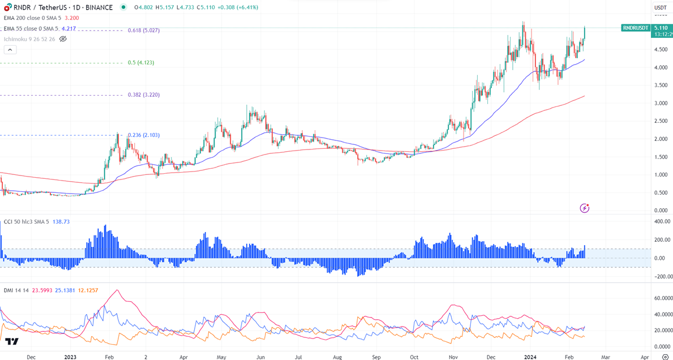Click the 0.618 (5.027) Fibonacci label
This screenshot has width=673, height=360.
point(144,31)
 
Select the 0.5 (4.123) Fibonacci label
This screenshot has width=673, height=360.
point(141,63)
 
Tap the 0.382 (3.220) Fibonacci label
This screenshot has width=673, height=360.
point(144,95)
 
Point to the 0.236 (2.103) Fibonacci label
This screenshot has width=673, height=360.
point(144,135)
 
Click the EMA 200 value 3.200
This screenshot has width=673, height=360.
point(72,18)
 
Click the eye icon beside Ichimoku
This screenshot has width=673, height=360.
point(63,39)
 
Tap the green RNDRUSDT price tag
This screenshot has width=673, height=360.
point(636,28)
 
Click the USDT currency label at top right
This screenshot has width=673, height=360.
point(660,7)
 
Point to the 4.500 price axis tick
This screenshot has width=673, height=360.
point(661,50)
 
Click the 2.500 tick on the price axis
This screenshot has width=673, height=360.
point(661,122)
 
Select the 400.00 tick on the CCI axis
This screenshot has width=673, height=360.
point(662,221)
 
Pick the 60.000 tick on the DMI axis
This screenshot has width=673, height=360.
point(662,298)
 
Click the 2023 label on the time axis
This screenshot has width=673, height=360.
point(70,358)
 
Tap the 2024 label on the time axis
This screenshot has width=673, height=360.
point(530,358)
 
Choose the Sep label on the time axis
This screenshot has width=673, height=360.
point(376,358)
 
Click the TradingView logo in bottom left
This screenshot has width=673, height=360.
point(12,342)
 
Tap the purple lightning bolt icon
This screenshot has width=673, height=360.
point(585,208)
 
